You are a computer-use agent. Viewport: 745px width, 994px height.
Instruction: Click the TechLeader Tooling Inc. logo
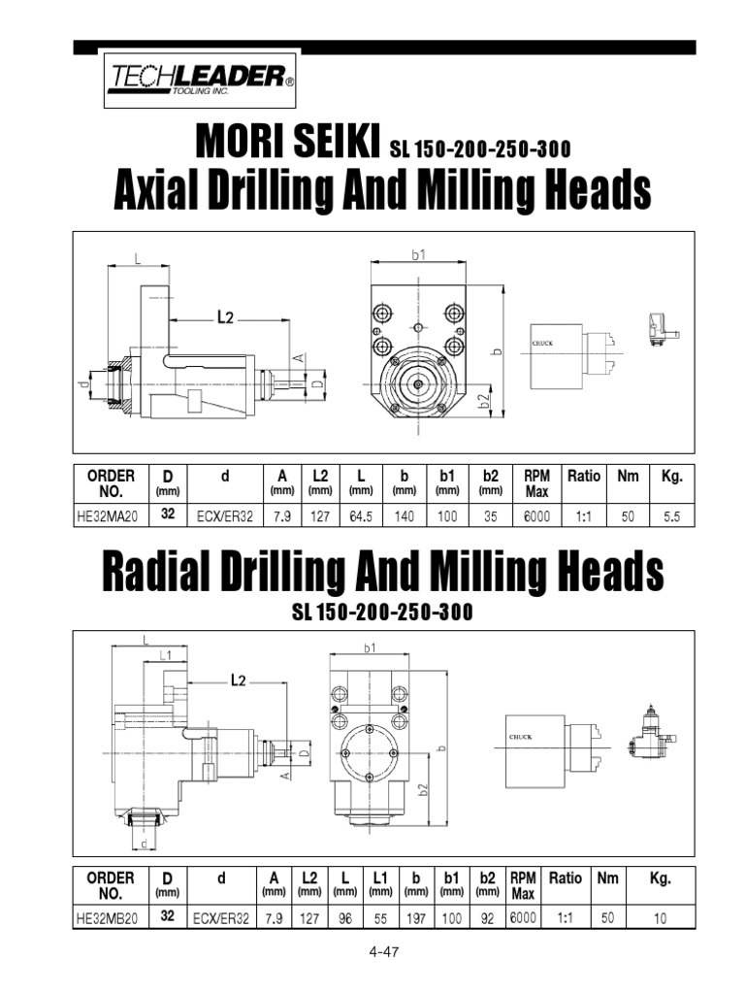point(200,80)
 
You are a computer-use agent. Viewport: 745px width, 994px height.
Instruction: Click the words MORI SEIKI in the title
point(287,140)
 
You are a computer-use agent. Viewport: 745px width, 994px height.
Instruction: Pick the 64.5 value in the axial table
point(361,516)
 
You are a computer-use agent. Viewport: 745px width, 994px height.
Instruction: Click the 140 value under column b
point(405,516)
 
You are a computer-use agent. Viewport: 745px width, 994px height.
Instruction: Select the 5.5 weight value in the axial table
point(671,516)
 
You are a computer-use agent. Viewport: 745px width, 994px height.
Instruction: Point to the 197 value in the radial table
point(415,918)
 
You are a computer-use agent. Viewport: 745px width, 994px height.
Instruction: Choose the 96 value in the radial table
point(344,918)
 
